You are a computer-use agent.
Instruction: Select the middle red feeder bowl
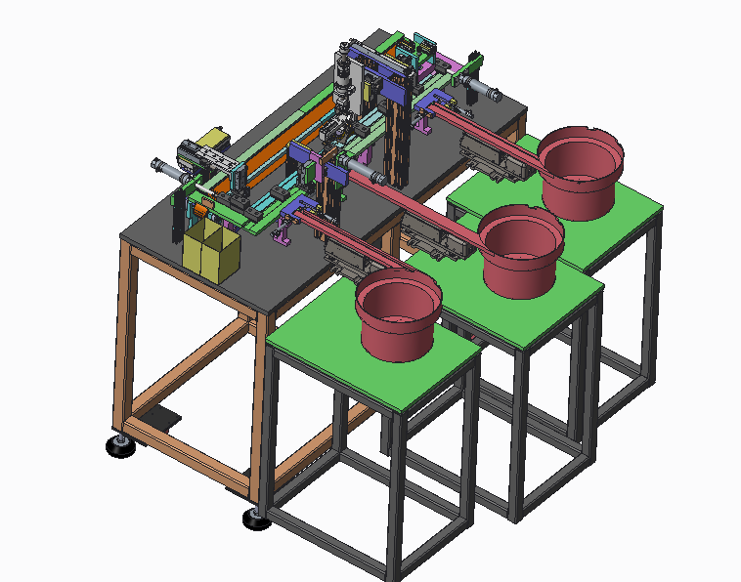click(x=521, y=250)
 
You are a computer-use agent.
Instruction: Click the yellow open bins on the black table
click(x=210, y=251)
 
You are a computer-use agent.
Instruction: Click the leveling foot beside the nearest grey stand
click(x=256, y=519)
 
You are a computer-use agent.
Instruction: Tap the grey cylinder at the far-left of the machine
click(x=165, y=170)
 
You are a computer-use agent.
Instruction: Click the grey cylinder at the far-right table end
click(x=484, y=93)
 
